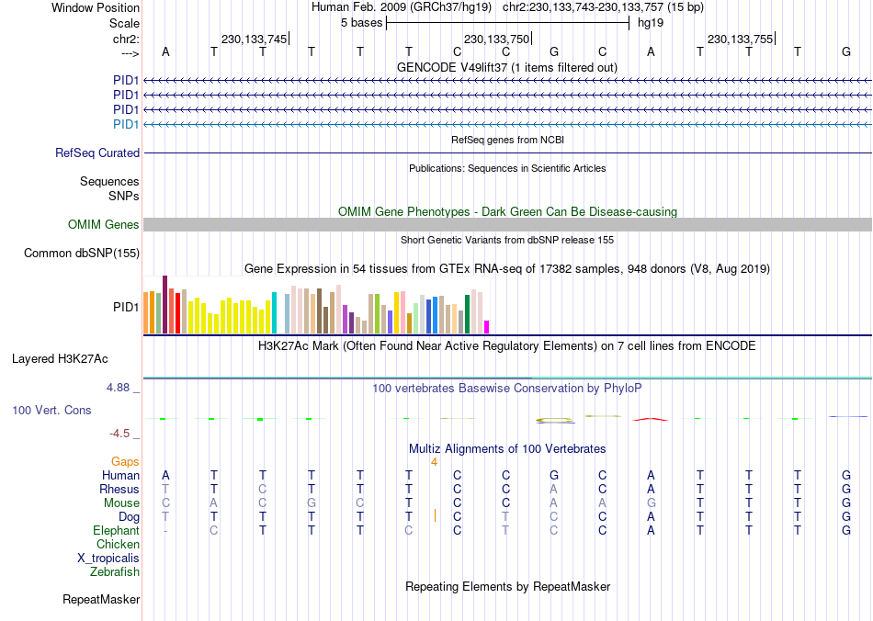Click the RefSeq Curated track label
[97, 153]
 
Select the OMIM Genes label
[104, 225]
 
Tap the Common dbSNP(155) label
[82, 254]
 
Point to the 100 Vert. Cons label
[51, 410]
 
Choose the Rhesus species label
[119, 490]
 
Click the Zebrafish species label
[115, 572]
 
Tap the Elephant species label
[116, 531]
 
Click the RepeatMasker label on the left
[101, 600]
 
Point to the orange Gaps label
[125, 462]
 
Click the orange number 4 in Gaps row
[434, 462]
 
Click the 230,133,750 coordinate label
[496, 39]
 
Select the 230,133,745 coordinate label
[254, 39]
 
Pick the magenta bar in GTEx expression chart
[487, 327]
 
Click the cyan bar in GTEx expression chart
[274, 312]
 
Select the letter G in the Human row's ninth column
[553, 476]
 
